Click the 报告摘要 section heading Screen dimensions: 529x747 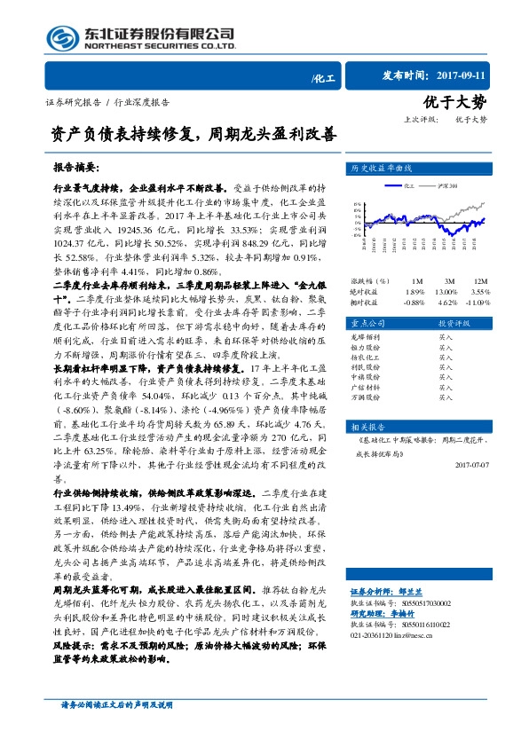[76, 167]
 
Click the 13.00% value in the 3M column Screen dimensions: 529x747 [446, 291]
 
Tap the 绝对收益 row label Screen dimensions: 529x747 [363, 291]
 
